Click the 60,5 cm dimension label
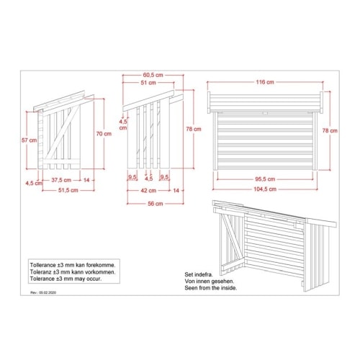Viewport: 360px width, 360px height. [153, 75]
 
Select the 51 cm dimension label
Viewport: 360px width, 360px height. [148, 83]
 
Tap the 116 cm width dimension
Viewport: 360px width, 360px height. [265, 82]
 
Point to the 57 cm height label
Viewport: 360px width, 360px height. [30, 140]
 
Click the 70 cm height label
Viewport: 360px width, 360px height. [104, 134]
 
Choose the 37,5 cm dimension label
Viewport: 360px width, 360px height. [61, 180]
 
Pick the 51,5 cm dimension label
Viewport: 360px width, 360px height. [68, 190]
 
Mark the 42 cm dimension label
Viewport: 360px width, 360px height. [148, 191]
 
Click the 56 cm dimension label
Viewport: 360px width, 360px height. [156, 204]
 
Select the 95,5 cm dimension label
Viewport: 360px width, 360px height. [265, 179]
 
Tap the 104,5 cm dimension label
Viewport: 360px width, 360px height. [265, 189]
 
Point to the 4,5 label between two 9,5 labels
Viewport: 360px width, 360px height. [149, 179]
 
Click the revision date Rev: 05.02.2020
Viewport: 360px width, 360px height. [43, 292]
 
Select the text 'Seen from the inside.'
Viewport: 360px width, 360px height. [211, 288]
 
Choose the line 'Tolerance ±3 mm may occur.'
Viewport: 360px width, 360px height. [66, 279]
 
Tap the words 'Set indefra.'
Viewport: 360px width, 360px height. [199, 274]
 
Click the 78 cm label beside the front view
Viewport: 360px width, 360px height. [330, 131]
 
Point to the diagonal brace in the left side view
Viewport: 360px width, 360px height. [63, 132]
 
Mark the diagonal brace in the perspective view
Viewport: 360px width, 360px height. [232, 237]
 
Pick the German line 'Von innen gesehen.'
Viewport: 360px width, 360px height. [210, 282]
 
